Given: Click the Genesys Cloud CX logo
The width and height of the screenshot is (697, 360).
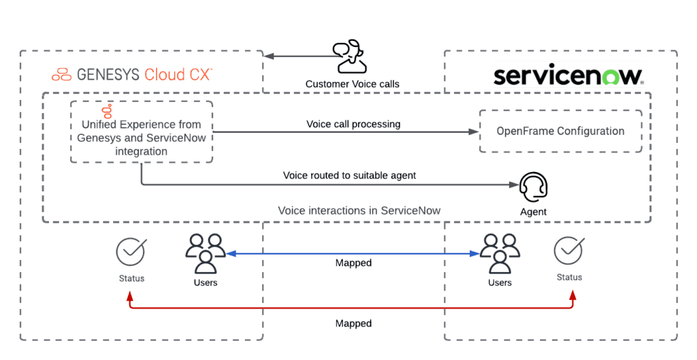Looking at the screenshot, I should tap(132, 74).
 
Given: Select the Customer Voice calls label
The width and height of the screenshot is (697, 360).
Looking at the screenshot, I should tap(352, 84).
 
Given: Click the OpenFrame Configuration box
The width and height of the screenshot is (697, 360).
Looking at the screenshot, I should tap(560, 131).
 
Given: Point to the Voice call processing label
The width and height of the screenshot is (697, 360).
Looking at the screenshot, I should tap(353, 124).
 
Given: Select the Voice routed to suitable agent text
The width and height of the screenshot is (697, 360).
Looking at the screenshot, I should tap(349, 176).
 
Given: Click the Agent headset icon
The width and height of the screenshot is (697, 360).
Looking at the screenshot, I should tap(533, 185).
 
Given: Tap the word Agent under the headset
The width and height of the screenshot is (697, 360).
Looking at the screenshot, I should tap(533, 212).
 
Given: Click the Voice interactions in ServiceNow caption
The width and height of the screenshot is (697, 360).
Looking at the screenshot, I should tap(359, 210).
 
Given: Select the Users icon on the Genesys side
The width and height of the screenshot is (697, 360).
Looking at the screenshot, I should tap(205, 252).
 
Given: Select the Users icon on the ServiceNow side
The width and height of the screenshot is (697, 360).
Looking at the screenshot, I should tap(500, 252).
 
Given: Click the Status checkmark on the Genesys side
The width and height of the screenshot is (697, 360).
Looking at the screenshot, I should tap(131, 251).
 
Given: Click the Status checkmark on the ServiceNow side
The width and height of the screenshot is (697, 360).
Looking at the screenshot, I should tap(568, 250).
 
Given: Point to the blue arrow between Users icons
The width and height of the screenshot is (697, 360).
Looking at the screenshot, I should tap(353, 253).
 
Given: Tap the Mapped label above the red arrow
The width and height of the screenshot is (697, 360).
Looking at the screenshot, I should tap(353, 263).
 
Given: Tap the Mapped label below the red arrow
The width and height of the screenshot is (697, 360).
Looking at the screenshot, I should tap(353, 323).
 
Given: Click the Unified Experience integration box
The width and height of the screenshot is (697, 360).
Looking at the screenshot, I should tap(142, 133).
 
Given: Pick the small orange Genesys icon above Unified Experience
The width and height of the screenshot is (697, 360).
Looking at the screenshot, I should tap(106, 110).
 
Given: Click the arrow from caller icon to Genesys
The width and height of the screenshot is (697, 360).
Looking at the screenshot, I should tap(299, 56).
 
